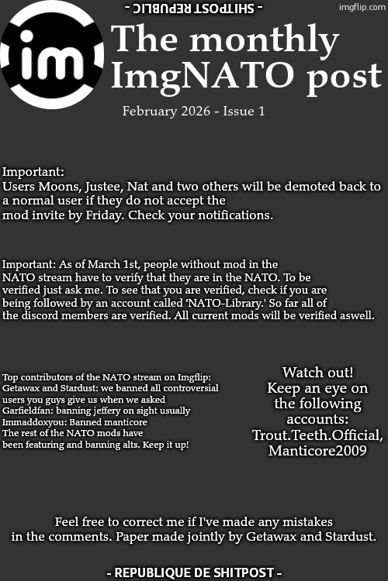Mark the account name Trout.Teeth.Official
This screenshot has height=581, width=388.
[x=317, y=435]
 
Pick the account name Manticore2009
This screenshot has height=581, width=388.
[x=317, y=451]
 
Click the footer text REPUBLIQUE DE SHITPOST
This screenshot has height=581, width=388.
[x=193, y=572]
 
